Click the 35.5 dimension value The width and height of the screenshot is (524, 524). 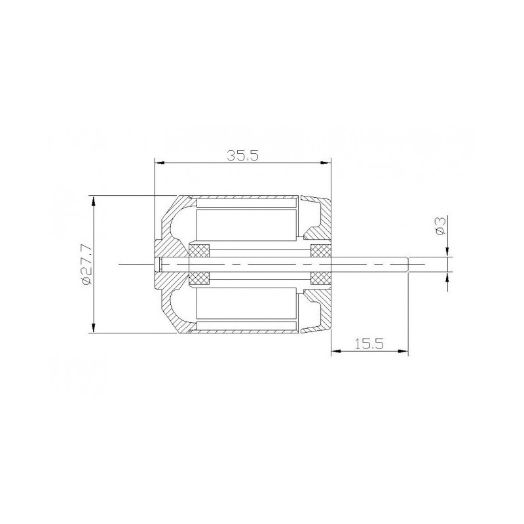pyautogui.click(x=242, y=156)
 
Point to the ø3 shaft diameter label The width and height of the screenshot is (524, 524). pyautogui.click(x=440, y=226)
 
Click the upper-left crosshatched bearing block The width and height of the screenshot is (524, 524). pyautogui.click(x=198, y=251)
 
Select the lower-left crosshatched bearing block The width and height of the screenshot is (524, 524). pyautogui.click(x=198, y=278)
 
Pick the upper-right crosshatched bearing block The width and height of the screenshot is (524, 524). pyautogui.click(x=320, y=251)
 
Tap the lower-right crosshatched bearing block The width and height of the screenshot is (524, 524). pyautogui.click(x=320, y=278)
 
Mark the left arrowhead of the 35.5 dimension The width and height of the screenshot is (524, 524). pyautogui.click(x=157, y=163)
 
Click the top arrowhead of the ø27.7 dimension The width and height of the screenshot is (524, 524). pyautogui.click(x=95, y=199)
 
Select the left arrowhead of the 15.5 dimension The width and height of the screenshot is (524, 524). pyautogui.click(x=335, y=352)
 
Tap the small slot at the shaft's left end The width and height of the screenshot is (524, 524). pyautogui.click(x=160, y=264)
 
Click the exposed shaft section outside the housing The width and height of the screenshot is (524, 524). pyautogui.click(x=370, y=264)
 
